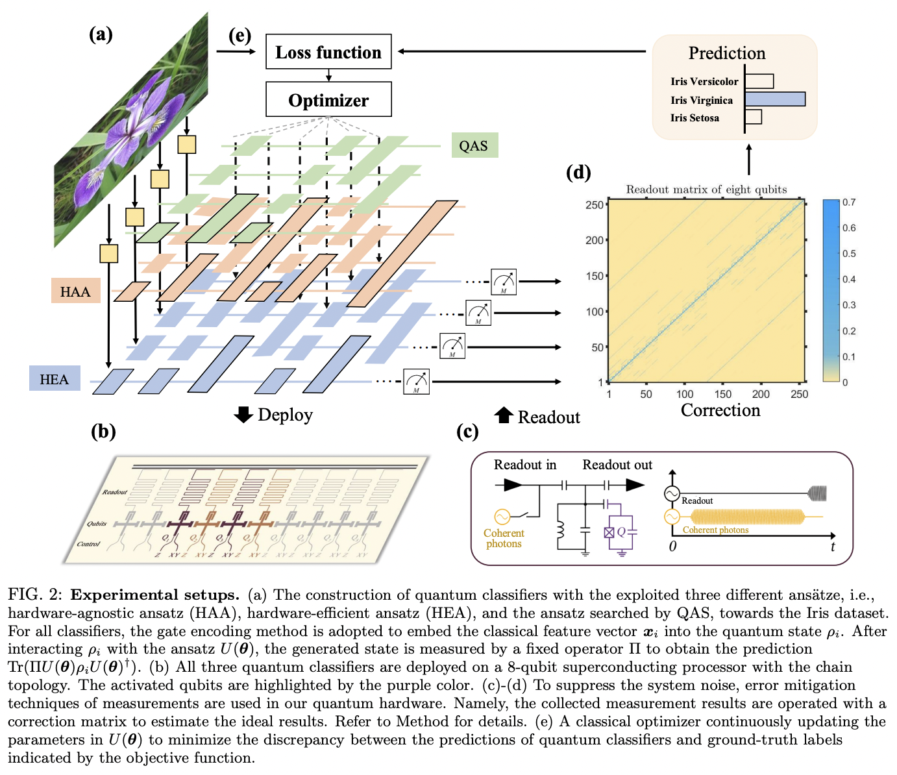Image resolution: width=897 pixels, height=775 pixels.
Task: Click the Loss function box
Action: click(328, 52)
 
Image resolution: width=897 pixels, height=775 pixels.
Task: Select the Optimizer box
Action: click(328, 100)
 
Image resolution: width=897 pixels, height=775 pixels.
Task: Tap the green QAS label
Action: click(474, 145)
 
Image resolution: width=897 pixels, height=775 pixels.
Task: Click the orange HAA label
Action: click(75, 291)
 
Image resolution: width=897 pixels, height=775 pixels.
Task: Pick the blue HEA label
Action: click(55, 379)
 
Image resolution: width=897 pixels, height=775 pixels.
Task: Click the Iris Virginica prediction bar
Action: click(775, 99)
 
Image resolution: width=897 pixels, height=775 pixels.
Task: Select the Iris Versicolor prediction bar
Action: click(759, 81)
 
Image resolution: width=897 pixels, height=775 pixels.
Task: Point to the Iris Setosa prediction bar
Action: click(754, 117)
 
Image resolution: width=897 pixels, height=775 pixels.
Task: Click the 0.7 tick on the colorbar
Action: click(849, 203)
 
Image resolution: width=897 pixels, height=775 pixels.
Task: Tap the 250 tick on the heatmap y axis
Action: click(594, 205)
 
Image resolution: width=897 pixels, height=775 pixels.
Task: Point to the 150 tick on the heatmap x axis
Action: click(722, 394)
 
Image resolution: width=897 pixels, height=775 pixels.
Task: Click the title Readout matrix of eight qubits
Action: click(706, 190)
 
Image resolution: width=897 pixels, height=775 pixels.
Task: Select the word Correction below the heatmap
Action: click(720, 410)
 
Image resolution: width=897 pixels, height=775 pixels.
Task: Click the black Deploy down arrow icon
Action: click(243, 415)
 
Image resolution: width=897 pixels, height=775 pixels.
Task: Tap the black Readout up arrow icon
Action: click(504, 415)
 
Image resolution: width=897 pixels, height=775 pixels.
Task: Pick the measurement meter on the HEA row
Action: click(416, 381)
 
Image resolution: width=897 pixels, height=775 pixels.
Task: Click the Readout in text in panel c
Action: click(525, 465)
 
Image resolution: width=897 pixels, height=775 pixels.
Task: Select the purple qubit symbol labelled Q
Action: click(621, 532)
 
